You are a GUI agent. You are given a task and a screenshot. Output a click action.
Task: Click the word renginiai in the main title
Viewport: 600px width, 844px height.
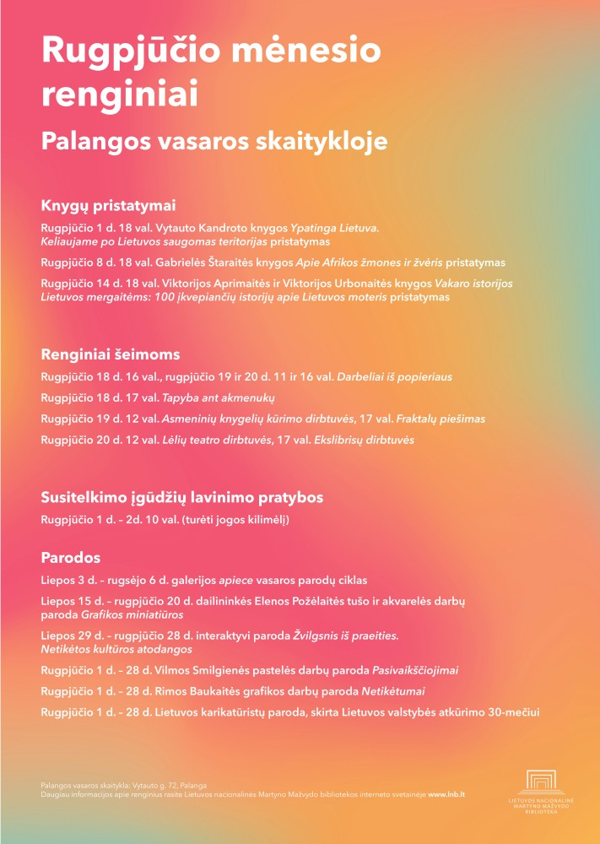pyautogui.click(x=120, y=94)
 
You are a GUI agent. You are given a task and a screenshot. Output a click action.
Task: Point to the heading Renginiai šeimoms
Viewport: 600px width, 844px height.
pyautogui.click(x=111, y=354)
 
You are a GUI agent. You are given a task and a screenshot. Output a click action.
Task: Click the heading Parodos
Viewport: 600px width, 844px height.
pyautogui.click(x=71, y=558)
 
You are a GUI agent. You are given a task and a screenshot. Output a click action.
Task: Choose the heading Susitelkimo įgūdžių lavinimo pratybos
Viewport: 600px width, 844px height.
pyautogui.click(x=182, y=497)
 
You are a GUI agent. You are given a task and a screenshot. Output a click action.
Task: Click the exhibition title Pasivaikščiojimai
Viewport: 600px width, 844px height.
pyautogui.click(x=415, y=670)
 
